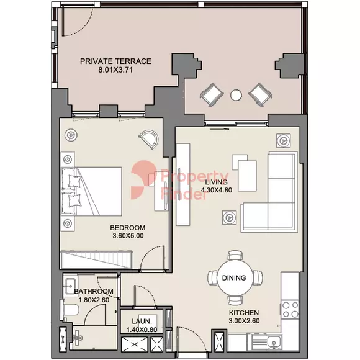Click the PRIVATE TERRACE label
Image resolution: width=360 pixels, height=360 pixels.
115,61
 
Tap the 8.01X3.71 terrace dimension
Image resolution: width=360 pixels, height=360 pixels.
115,70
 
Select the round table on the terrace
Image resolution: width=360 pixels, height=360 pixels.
236,95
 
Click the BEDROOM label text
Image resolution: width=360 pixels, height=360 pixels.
128,228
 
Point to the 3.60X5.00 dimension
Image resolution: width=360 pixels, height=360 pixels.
128,236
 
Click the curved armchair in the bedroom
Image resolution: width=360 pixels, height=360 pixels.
149,140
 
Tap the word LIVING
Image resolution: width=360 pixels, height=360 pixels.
216,182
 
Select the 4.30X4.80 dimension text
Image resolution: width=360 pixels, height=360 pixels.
216,190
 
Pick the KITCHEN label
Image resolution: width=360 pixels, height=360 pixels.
244,313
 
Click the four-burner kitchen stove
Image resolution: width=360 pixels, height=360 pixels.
290,310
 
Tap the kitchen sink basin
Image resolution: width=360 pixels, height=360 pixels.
274,341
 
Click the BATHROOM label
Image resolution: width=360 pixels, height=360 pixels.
94,291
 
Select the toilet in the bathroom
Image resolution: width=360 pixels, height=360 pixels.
70,310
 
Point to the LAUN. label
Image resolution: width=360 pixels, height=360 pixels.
142,321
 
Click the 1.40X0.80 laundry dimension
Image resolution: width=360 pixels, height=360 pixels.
142,330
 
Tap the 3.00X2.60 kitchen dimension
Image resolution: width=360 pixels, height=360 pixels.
244,321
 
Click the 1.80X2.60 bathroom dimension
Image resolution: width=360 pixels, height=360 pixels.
94,300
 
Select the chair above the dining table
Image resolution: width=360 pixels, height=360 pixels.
235,255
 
